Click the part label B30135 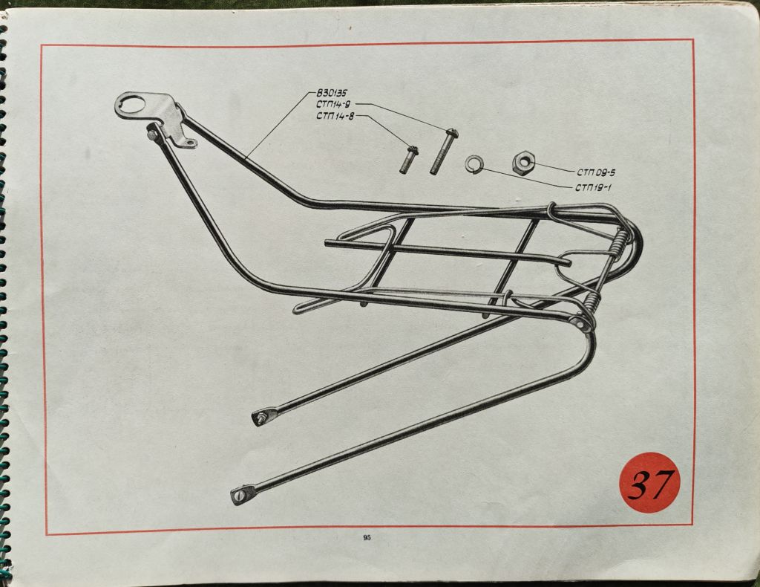coord(332,93)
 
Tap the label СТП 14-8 coord(335,116)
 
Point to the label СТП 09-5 coord(596,172)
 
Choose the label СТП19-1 coord(593,188)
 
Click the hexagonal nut coord(523,161)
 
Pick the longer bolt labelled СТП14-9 coord(443,151)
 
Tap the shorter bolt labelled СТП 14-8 coord(409,159)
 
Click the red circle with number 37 coord(649,483)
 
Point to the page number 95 coord(367,537)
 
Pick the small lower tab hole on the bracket coord(191,143)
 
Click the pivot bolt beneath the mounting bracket coord(152,134)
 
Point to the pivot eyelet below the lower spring coord(578,323)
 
